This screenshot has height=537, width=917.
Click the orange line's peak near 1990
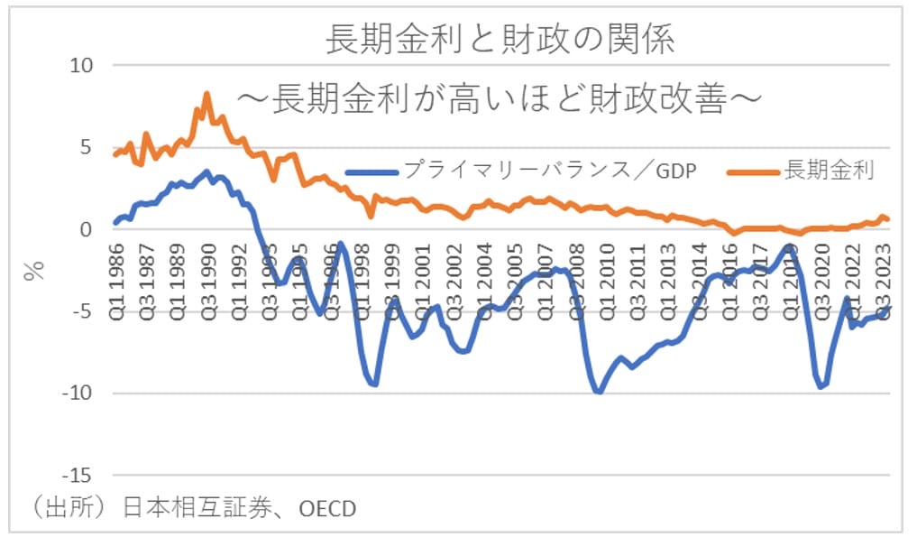(206, 93)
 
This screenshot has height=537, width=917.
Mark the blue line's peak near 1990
(207, 171)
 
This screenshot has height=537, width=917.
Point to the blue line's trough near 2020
(821, 386)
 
